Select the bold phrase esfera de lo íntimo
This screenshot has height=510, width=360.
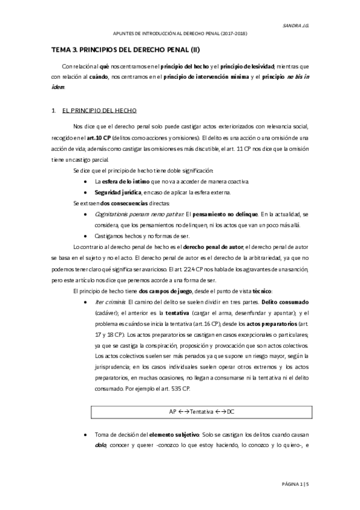click(124, 180)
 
